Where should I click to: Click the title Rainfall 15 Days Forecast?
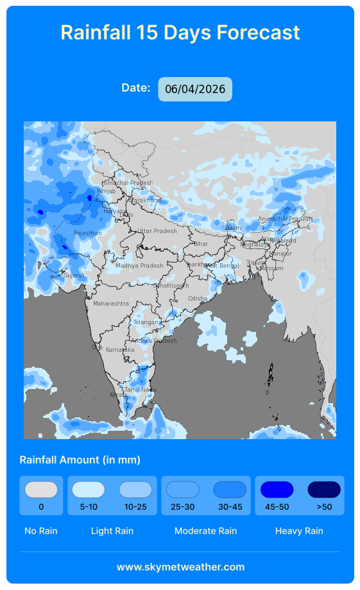[x=180, y=32]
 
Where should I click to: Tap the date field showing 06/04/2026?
[x=195, y=89]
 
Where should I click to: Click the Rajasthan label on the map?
[x=87, y=233]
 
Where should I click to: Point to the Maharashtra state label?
[x=111, y=303]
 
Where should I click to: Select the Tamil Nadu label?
[x=140, y=390]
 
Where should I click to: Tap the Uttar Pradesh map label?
[x=157, y=231]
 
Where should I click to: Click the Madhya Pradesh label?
[x=139, y=266]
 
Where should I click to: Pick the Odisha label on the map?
[x=198, y=299]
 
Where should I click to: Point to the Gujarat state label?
[x=74, y=275]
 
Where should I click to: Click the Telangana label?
[x=148, y=322]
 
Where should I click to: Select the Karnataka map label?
[x=120, y=350]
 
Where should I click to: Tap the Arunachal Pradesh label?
[x=285, y=219]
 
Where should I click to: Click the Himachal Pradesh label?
[x=128, y=183]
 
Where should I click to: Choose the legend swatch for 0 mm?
[x=41, y=490]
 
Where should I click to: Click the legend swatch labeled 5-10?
[x=88, y=490]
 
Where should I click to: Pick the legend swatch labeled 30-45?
[x=230, y=490]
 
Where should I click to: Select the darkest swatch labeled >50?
[x=324, y=490]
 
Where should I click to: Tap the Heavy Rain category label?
[x=299, y=531]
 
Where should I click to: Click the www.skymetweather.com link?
[x=180, y=567]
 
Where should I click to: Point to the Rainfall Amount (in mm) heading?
[x=80, y=460]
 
